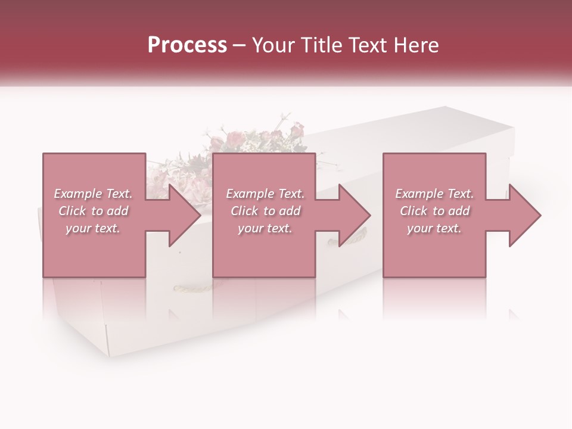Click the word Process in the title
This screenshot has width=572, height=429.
[x=187, y=45]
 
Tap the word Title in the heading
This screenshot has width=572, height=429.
[x=318, y=45]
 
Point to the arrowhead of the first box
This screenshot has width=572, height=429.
[x=185, y=215]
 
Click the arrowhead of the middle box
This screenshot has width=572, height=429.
[x=355, y=215]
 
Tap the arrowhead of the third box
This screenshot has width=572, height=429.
[x=525, y=215]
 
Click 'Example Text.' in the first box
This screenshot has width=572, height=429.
[x=93, y=194]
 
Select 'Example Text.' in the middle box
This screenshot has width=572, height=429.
[x=265, y=194]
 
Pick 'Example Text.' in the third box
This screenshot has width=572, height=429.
[x=434, y=194]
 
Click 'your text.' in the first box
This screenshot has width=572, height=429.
[x=93, y=228]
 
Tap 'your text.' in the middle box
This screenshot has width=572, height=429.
[x=265, y=228]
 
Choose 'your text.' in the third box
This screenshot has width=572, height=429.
[x=434, y=228]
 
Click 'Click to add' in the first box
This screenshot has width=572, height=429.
[x=93, y=211]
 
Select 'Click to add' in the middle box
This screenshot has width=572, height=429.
[x=265, y=211]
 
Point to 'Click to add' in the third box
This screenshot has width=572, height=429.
[x=434, y=211]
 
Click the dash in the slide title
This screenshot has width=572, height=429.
[x=239, y=45]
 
